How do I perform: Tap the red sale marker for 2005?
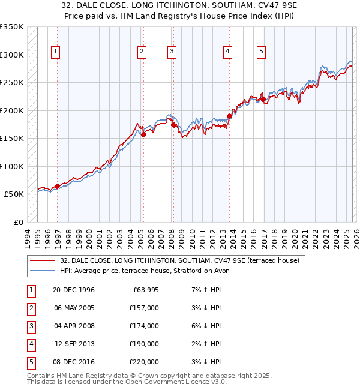coord(143,135)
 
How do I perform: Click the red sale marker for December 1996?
coord(57,186)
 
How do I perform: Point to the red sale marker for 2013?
coord(229,116)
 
